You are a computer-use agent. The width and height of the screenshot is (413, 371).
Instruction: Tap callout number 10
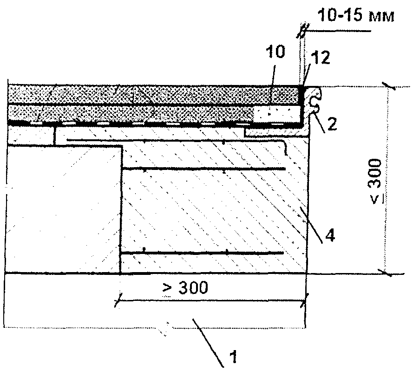[275, 52]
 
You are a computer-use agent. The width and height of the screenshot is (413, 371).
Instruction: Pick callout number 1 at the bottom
[233, 357]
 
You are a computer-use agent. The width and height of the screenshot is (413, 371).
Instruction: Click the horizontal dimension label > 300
[185, 287]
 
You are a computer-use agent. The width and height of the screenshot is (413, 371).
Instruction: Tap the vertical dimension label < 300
[375, 182]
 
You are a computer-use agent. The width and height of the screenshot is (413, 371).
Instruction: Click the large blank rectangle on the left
[63, 209]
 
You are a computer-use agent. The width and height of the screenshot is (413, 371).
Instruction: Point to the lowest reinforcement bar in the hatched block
[202, 253]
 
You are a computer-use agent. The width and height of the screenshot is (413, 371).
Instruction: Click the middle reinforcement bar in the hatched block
[203, 169]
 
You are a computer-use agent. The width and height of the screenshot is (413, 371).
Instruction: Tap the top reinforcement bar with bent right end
[177, 140]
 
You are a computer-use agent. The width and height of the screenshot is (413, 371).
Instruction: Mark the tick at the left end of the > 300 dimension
[118, 300]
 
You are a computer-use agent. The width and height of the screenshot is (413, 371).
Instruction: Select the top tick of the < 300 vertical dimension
[389, 86]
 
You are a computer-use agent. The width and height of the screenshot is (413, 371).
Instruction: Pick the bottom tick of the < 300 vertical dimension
[386, 273]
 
